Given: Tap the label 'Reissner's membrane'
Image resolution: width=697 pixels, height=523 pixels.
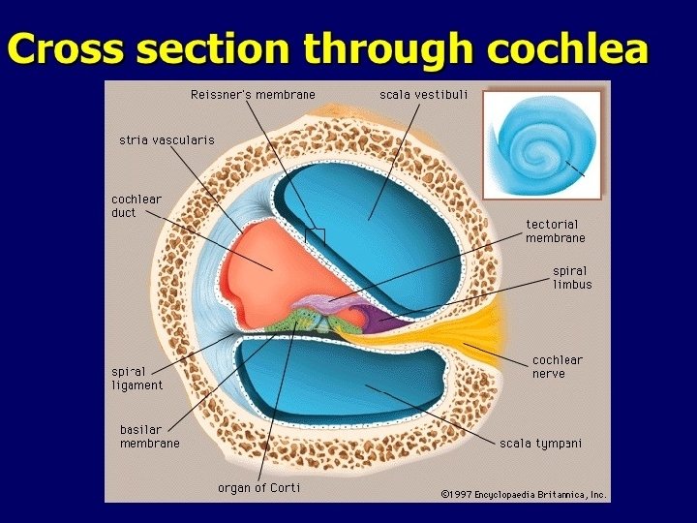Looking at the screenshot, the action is (252, 94).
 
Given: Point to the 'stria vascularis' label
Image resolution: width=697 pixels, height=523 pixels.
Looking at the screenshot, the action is (167, 139).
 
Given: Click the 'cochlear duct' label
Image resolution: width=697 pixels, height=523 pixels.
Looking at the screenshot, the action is (136, 205).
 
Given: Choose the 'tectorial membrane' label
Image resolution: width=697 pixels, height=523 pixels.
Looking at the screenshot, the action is (555, 231).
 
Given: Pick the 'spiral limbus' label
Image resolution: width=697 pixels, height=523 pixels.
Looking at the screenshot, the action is (571, 277).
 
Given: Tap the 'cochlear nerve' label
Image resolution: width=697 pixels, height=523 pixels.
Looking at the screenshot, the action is (558, 366).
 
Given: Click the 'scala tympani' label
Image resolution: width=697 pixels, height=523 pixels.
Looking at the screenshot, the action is (540, 444).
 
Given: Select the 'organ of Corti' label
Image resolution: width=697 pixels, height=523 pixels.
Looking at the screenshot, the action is (258, 487).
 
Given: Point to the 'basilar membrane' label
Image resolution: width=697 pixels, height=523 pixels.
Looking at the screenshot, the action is (149, 436).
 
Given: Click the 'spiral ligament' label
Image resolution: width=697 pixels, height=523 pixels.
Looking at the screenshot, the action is (136, 378).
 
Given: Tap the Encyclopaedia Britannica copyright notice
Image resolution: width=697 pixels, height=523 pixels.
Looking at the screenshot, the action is (523, 494).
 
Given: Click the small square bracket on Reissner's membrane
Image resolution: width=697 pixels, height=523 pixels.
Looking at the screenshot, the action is (315, 234).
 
